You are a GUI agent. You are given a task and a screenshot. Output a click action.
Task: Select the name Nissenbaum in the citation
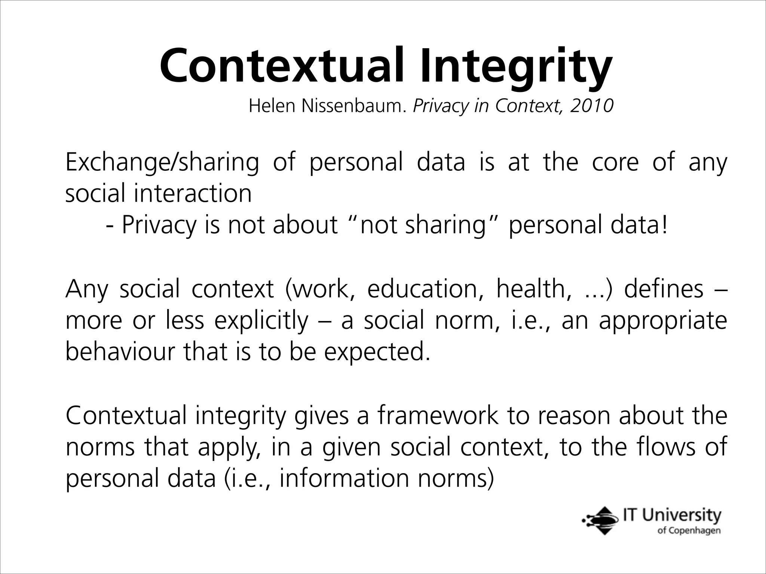tap(353, 107)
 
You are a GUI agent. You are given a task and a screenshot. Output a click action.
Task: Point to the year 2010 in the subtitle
tap(592, 106)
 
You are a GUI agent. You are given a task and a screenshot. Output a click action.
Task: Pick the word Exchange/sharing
tap(162, 163)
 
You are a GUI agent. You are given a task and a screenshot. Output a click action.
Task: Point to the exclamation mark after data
tap(664, 225)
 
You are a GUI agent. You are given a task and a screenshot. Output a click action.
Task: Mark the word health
tap(534, 289)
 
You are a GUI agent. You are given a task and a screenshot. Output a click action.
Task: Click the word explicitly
tap(261, 321)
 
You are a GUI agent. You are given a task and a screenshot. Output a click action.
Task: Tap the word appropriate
tap(663, 321)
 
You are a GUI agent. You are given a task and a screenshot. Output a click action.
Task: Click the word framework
tap(438, 416)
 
